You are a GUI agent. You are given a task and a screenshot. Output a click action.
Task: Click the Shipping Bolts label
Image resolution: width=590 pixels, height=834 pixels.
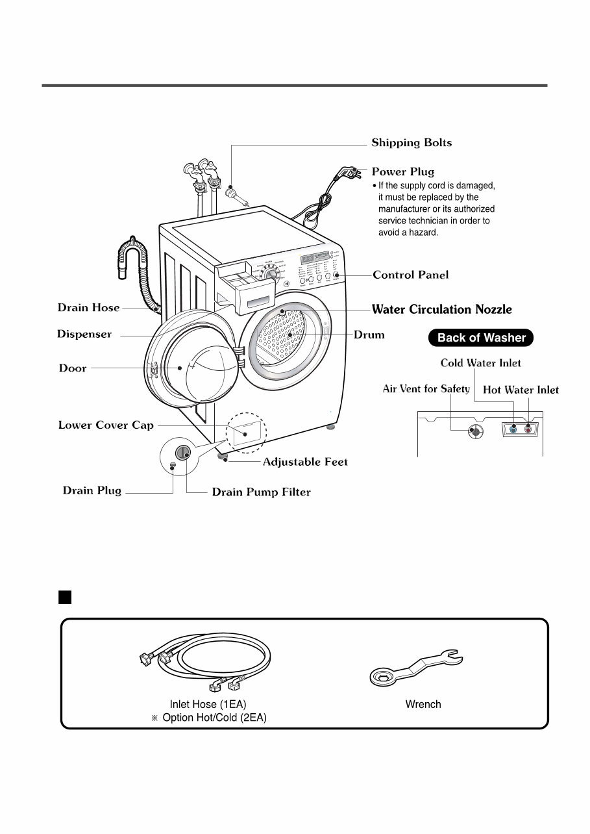click(x=412, y=143)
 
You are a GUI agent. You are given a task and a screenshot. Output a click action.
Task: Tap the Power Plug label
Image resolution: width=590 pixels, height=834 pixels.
click(x=402, y=172)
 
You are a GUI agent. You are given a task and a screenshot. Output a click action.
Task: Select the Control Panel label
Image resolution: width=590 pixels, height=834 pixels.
click(x=410, y=275)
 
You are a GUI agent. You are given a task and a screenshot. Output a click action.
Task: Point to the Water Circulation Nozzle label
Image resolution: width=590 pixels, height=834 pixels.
click(x=441, y=309)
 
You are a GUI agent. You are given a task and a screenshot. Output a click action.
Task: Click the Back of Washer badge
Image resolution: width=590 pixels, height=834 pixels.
click(x=481, y=338)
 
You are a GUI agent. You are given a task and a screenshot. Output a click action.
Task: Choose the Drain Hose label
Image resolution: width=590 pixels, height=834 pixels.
click(x=88, y=308)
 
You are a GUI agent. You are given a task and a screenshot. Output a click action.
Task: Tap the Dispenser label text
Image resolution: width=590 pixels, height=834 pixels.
click(x=84, y=335)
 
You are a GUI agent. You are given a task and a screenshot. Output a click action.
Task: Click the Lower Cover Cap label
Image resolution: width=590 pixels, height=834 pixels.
click(x=106, y=425)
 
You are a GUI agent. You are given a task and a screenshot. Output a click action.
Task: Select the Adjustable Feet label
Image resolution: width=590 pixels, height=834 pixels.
click(x=305, y=462)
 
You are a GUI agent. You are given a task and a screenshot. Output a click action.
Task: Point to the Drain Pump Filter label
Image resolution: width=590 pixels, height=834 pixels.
click(x=261, y=492)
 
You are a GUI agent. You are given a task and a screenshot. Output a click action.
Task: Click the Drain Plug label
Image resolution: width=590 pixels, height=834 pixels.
click(x=92, y=490)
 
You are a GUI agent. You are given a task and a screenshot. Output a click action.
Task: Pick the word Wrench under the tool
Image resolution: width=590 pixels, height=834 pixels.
click(x=423, y=704)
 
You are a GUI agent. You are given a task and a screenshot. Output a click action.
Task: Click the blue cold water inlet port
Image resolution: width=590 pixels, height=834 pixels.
click(x=514, y=429)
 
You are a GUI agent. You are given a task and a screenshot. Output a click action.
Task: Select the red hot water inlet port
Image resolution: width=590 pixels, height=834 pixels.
click(x=528, y=429)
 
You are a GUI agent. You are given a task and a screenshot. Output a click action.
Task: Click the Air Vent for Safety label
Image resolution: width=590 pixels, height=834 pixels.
click(x=426, y=389)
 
